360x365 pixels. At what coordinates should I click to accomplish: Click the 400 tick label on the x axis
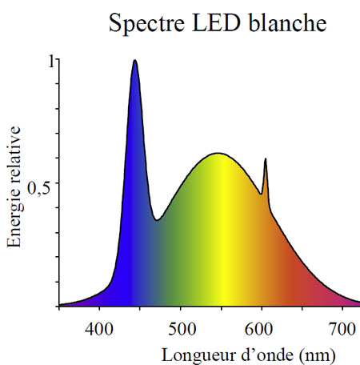click(99, 327)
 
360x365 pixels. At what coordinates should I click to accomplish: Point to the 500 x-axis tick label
click(181, 327)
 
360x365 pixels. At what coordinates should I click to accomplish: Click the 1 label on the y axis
click(51, 61)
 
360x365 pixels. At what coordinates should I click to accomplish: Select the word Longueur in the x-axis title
click(193, 353)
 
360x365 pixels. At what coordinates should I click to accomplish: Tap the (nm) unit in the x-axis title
click(309, 353)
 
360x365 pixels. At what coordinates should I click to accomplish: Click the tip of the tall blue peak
click(134, 61)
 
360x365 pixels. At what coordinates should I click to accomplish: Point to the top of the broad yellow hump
click(217, 153)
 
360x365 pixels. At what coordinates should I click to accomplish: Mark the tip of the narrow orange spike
click(265, 159)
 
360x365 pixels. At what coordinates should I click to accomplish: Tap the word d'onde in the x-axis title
click(256, 353)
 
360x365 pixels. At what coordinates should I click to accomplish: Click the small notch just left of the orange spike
click(261, 194)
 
